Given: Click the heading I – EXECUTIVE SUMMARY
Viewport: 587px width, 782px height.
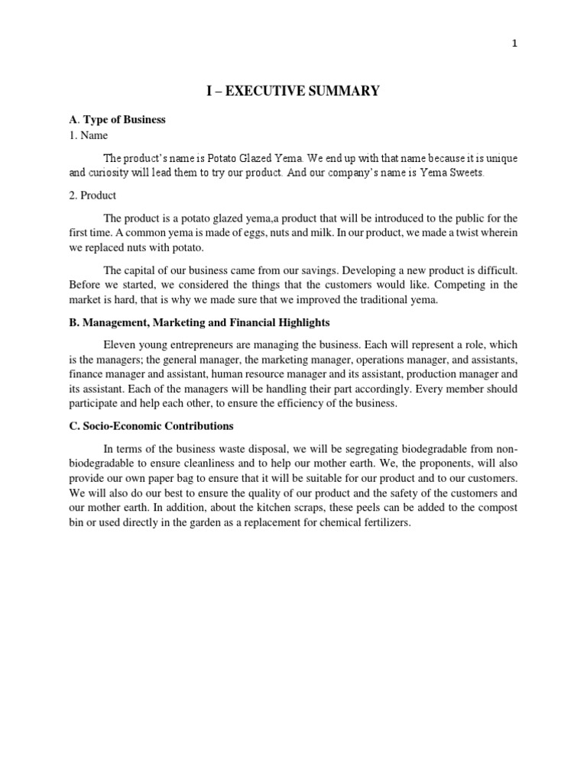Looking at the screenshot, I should (x=293, y=92).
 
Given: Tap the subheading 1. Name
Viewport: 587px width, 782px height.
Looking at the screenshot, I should (x=89, y=135).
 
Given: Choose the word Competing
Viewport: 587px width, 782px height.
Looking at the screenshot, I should (x=436, y=285).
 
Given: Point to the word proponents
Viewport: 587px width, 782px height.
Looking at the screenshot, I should (x=439, y=463).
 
